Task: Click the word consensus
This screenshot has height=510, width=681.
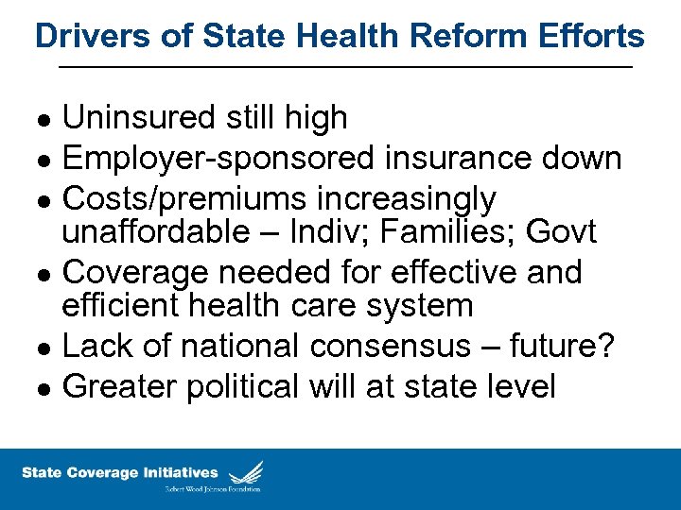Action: pos(401,347)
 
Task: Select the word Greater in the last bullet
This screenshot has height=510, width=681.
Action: pos(117,387)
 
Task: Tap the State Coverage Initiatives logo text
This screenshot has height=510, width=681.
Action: pos(120,472)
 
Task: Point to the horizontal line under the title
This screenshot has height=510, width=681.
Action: pos(345,67)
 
